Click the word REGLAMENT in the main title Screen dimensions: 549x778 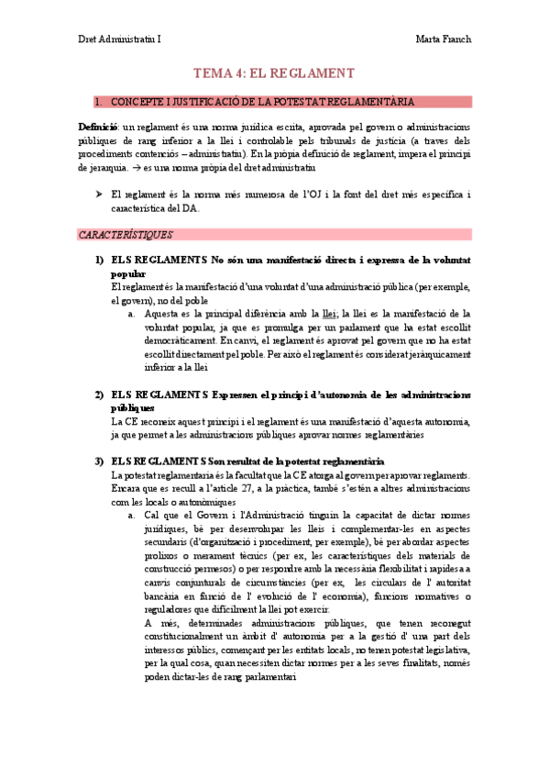(x=313, y=73)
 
